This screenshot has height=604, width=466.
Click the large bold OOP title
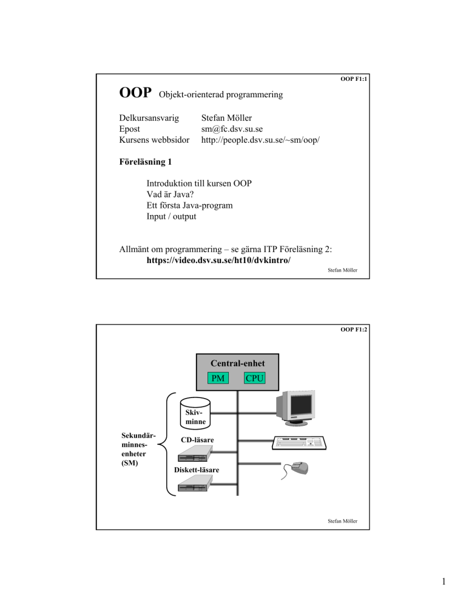(x=135, y=92)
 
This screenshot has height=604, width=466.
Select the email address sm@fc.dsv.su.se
(x=232, y=129)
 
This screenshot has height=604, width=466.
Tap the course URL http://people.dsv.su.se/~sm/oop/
(x=260, y=140)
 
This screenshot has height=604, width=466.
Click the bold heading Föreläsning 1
(x=145, y=162)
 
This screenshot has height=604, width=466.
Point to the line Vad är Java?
(x=170, y=194)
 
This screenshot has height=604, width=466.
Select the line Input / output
(x=171, y=216)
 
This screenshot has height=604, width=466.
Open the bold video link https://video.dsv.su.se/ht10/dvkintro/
(x=218, y=261)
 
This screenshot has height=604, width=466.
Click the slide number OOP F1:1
(x=354, y=79)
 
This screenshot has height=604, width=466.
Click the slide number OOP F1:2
(x=354, y=329)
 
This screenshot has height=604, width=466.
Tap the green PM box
(x=218, y=379)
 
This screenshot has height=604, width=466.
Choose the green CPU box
(x=254, y=379)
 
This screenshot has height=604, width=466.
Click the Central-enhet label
(x=237, y=363)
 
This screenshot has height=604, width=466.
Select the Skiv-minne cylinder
(x=195, y=413)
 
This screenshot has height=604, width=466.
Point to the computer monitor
(x=295, y=408)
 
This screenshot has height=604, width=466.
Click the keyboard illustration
(x=299, y=443)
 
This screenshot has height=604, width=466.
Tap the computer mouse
(x=295, y=470)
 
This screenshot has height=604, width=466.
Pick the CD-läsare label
(x=197, y=440)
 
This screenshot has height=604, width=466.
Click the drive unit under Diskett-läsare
(x=195, y=483)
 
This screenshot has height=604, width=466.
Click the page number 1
(x=444, y=582)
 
